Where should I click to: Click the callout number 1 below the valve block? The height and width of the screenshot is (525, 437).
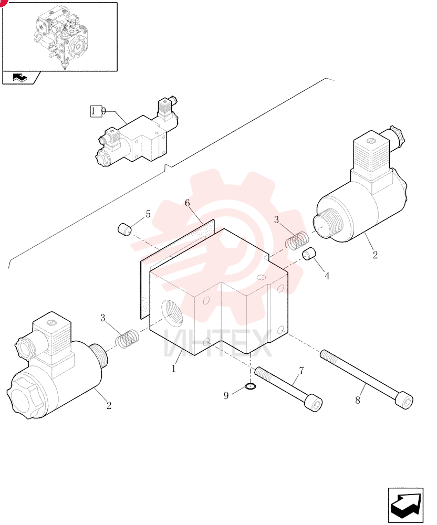[x=174, y=369]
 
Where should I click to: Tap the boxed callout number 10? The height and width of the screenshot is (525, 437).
[x=98, y=111]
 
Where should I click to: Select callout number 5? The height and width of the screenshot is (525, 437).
[x=148, y=214]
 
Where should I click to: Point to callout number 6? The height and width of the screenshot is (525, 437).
[x=187, y=203]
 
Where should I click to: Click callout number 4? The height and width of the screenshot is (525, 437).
[x=327, y=276]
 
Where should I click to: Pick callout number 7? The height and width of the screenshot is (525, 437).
[x=301, y=371]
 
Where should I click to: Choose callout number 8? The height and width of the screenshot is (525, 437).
[x=358, y=400]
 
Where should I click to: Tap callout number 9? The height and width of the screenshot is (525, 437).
[x=226, y=396]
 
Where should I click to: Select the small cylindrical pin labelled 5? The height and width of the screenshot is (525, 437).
[x=125, y=229]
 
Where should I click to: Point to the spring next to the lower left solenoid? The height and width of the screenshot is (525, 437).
[x=127, y=338]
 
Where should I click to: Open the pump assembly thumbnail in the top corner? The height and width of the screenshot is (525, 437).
[x=60, y=37]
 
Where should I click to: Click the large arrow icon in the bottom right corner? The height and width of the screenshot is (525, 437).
[x=405, y=505]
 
